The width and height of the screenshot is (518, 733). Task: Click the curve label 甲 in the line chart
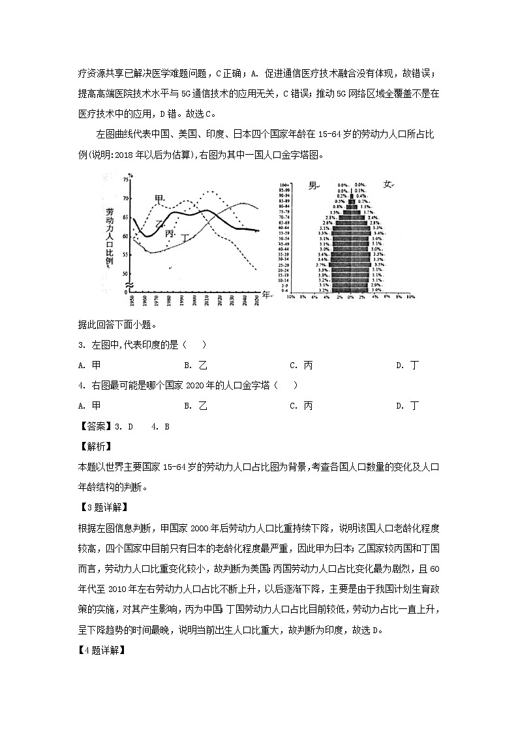(x=159, y=199)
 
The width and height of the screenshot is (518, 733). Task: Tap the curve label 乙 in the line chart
(x=159, y=224)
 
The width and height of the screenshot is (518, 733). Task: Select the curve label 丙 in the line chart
(x=170, y=234)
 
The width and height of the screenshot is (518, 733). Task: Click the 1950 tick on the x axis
(x=132, y=300)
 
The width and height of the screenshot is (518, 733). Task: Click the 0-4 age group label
(x=286, y=290)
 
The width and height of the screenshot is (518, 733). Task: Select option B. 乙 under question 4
(x=195, y=405)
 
